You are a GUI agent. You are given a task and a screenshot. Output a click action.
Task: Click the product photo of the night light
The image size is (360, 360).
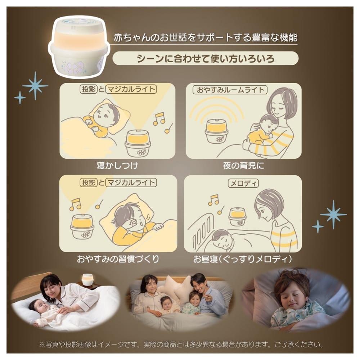point(79,46)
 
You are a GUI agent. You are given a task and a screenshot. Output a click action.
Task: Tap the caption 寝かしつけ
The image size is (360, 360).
point(117,166)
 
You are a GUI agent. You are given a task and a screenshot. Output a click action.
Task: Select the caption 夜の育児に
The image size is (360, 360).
point(243,166)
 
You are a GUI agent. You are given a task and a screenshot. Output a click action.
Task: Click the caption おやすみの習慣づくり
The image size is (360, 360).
point(118,259)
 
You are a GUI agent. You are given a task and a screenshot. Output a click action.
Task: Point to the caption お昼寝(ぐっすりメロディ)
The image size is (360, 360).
point(243,259)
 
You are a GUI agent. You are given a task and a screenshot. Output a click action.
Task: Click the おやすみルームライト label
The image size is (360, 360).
point(230,90)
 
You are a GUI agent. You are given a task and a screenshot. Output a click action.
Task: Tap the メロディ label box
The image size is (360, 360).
point(243,183)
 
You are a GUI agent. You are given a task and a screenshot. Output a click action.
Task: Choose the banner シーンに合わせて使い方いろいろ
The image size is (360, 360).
point(206,58)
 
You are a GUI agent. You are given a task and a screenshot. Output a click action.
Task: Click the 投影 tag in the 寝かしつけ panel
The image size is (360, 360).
point(89,89)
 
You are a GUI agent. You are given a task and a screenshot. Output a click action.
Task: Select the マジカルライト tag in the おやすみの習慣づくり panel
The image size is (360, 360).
point(131,183)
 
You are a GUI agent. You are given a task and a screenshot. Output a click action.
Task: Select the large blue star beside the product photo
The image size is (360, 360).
point(35,86)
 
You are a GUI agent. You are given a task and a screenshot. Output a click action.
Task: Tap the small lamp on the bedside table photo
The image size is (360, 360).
point(86,280)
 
